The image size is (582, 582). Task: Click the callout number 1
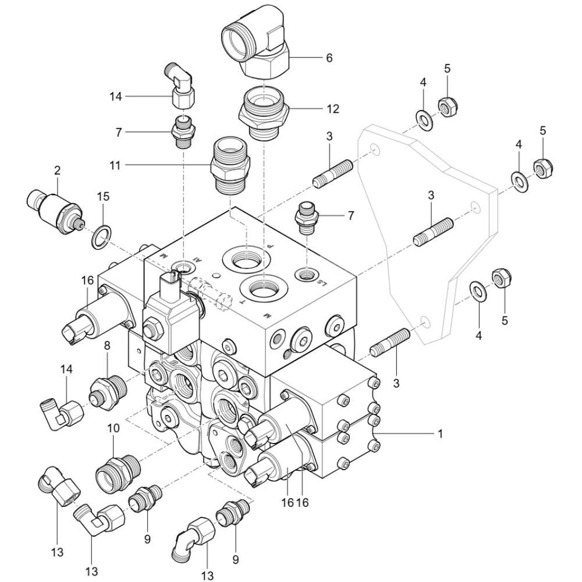(440, 434)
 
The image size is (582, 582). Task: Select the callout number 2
(57, 171)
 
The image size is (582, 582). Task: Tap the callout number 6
(329, 58)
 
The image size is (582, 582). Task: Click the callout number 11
(116, 165)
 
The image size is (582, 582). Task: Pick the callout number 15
(102, 197)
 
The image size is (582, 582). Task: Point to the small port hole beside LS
(308, 272)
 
